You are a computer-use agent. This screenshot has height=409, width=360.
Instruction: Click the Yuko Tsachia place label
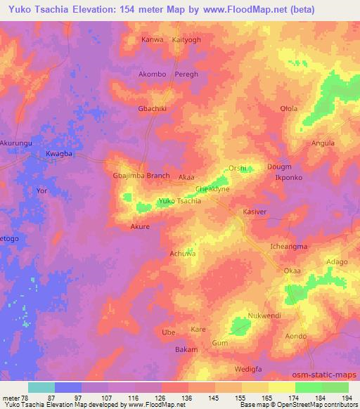point(180,201)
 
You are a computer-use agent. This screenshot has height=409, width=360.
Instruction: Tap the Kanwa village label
point(152,39)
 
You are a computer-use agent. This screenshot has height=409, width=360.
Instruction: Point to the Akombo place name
point(153,73)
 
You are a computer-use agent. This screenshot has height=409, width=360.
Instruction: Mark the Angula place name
point(323,143)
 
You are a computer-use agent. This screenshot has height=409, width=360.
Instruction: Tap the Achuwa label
point(182,253)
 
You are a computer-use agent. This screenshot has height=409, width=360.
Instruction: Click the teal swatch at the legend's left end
point(41,387)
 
